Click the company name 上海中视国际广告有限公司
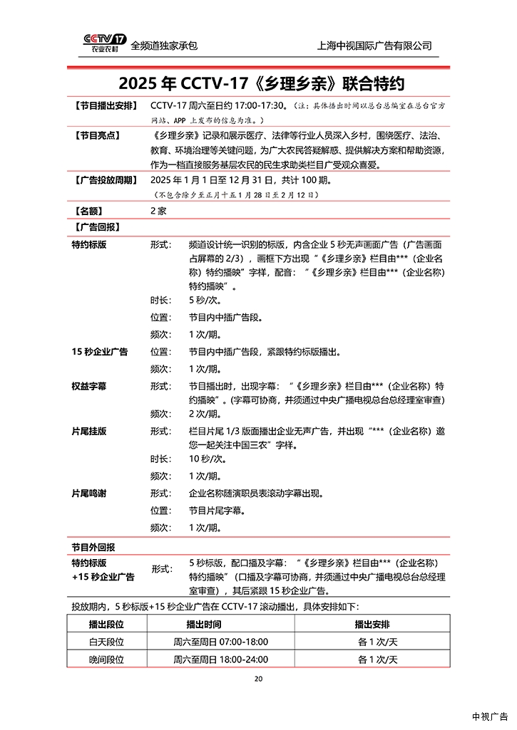374,46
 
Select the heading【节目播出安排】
105,105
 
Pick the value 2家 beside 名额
158,211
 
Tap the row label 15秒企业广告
100,352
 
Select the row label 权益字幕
89,386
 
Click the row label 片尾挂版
89,431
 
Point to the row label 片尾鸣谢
89,493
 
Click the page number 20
258,678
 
